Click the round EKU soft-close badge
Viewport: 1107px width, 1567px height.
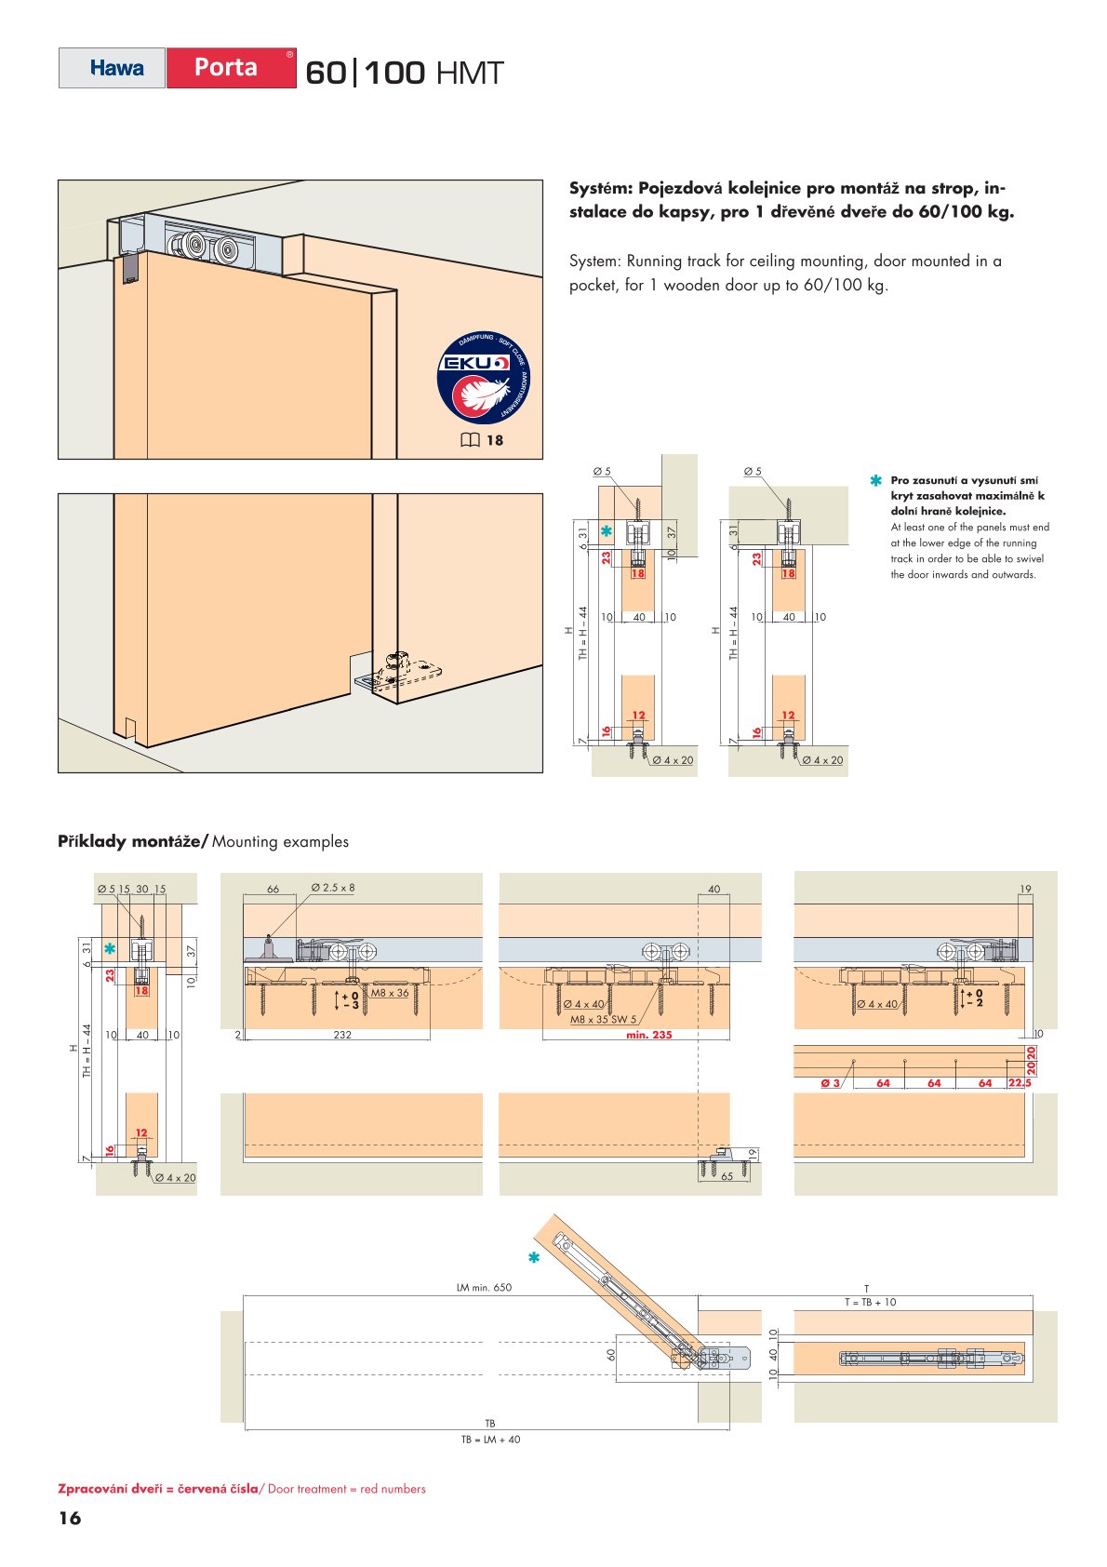click(485, 377)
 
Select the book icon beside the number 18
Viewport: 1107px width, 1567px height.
click(471, 440)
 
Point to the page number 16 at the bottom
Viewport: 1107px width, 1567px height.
click(70, 1518)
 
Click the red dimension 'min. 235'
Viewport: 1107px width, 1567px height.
click(648, 1035)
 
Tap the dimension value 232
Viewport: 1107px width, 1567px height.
click(342, 1035)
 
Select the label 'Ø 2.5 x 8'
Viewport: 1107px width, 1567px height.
click(332, 888)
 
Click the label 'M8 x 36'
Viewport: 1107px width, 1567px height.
click(390, 993)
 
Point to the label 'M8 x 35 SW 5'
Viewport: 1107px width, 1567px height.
click(603, 1019)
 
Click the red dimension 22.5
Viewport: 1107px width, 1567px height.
click(1020, 1082)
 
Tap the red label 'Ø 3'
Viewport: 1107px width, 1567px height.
click(830, 1082)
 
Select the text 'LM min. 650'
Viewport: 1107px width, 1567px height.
click(484, 1288)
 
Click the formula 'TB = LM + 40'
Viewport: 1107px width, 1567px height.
click(490, 1440)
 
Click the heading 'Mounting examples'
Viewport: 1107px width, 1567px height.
click(280, 841)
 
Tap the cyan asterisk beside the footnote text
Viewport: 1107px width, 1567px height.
click(875, 481)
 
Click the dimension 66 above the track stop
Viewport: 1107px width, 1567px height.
click(273, 890)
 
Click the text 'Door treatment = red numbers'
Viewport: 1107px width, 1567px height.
click(346, 1489)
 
